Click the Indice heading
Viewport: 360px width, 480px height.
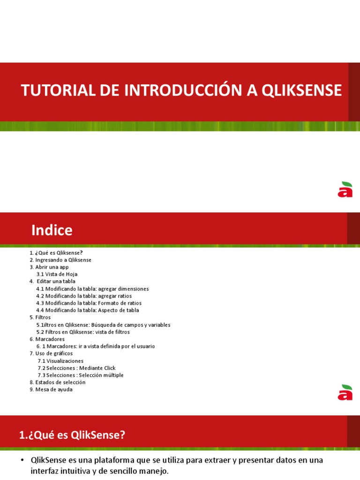point(52,230)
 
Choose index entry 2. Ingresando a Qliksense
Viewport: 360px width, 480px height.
point(60,260)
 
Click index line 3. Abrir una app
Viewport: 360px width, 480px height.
point(49,267)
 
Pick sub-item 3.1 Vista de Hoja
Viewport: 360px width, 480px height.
point(57,274)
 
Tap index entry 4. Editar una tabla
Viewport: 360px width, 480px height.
point(52,281)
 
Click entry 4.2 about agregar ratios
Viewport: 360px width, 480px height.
point(84,296)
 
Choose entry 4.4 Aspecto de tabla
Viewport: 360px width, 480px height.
point(88,310)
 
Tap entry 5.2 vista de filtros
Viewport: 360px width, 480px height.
point(83,332)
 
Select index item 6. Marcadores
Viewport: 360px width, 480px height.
point(47,339)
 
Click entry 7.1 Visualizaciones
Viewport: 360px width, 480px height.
point(60,361)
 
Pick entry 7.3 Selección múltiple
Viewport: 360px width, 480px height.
point(81,375)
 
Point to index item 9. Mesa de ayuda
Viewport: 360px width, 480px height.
point(51,390)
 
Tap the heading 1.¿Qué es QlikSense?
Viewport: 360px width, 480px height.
point(72,435)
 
